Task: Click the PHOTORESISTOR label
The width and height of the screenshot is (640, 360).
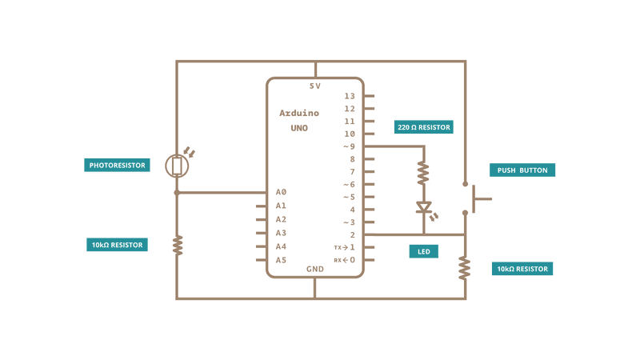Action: point(118,165)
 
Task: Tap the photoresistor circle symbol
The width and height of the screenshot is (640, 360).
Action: point(177,166)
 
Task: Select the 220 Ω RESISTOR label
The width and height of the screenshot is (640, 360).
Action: point(424,127)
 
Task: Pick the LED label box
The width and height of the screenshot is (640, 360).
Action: point(423,251)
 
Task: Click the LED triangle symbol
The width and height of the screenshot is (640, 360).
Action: point(423,208)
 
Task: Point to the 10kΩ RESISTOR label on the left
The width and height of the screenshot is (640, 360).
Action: point(118,245)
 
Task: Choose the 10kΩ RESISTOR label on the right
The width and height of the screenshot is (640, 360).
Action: point(522,269)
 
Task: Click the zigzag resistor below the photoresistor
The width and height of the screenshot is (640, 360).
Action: point(178,245)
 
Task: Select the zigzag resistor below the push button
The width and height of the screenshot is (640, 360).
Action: point(465,268)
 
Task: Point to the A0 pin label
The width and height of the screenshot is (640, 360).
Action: point(281,192)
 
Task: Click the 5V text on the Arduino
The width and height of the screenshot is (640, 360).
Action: point(314,86)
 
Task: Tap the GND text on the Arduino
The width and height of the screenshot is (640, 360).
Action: point(315,269)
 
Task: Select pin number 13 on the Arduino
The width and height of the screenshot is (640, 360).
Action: point(349,96)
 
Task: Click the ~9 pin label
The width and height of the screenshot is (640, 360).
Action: point(349,146)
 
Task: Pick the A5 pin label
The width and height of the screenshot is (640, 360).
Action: point(281,260)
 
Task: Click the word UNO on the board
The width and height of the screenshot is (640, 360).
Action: point(299,128)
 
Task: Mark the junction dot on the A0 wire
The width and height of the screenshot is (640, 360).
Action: point(177,192)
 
